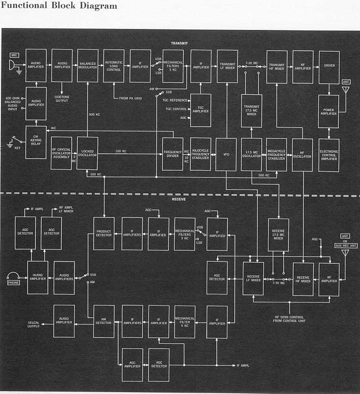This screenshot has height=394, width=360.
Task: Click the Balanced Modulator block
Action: point(88,66)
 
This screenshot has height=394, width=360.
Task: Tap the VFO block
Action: point(226,155)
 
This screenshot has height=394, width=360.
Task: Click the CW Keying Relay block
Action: point(36,143)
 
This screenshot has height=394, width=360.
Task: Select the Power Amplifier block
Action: point(329,112)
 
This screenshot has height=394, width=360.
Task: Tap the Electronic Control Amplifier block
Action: point(329,155)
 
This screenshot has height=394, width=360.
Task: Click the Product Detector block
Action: point(104,233)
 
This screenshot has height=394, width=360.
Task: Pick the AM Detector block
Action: point(104,321)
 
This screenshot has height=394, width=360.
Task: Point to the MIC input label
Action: point(14,56)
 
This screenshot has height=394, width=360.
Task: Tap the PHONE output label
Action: point(14,283)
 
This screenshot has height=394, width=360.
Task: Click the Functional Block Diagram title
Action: point(59,6)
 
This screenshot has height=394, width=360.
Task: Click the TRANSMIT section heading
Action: point(179,43)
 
